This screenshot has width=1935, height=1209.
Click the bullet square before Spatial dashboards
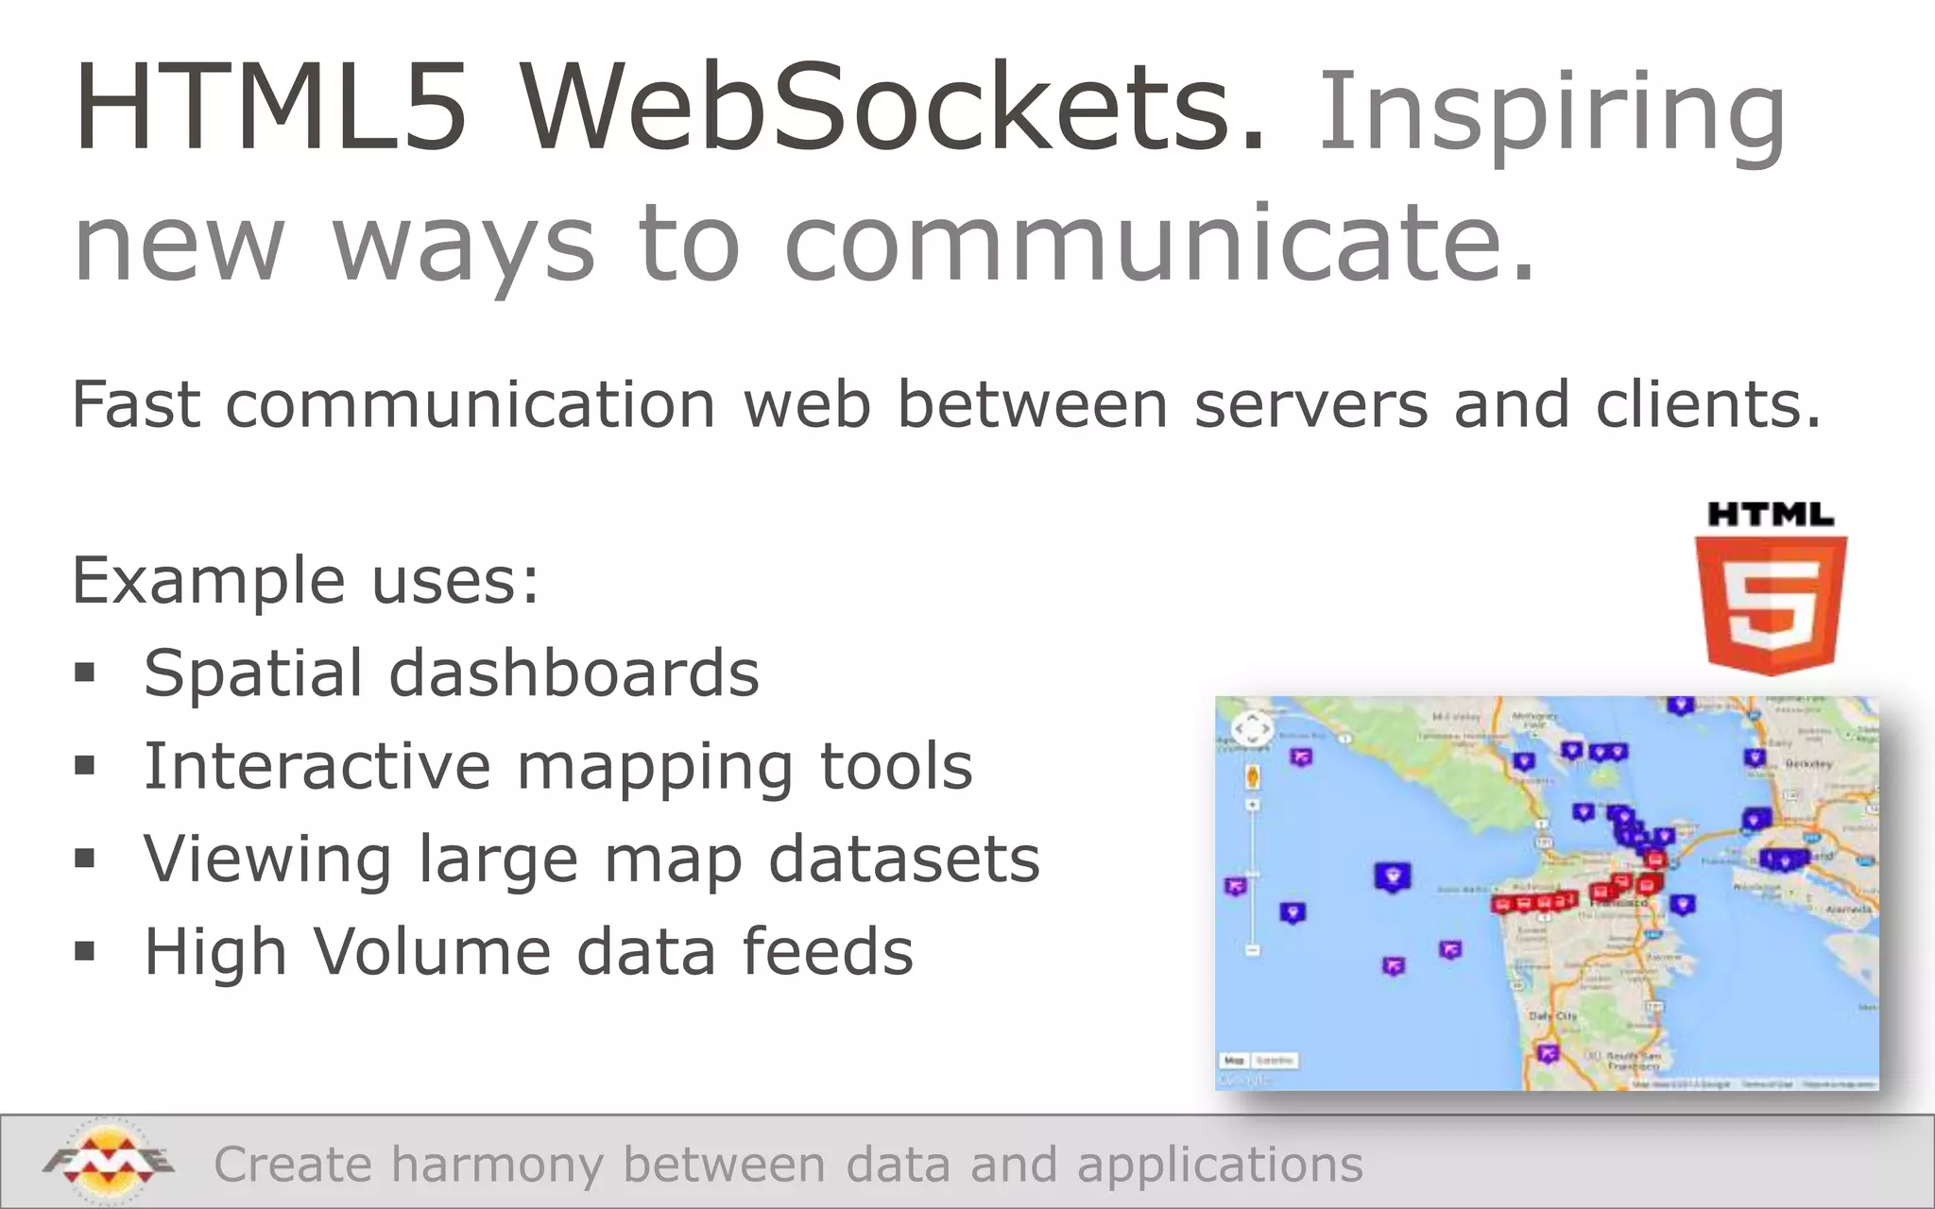coord(85,673)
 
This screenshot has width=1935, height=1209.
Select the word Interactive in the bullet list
coord(317,766)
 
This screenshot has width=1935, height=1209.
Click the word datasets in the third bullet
coord(903,859)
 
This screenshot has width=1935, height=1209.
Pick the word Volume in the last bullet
coord(432,951)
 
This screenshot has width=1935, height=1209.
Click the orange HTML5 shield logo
coord(1771,604)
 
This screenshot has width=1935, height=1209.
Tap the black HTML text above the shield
coord(1771,516)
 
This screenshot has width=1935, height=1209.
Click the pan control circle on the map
coord(1253,729)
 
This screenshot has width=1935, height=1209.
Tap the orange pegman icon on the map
coord(1253,777)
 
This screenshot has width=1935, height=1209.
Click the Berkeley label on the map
coord(1808,763)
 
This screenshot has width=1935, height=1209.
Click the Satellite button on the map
coord(1275,1061)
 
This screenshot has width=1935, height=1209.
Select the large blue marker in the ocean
coord(1392,877)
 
